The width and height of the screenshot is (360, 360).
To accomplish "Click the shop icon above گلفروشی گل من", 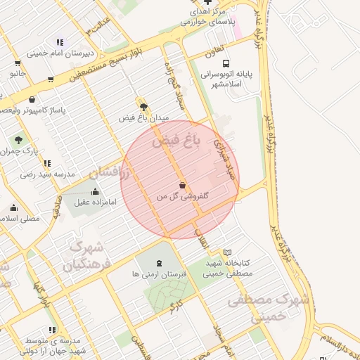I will tap(183, 186).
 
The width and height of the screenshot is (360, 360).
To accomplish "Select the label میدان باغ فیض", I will tap(144, 118).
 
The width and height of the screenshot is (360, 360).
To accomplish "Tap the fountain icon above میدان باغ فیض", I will tap(144, 107).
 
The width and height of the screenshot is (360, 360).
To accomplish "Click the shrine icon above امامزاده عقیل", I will tap(95, 191).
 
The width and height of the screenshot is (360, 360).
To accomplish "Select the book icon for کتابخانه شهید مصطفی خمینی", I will tap(227, 252).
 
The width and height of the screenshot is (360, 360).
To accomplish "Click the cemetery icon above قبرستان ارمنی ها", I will tap(159, 263).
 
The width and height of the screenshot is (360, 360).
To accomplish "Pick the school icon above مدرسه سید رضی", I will tap(47, 163).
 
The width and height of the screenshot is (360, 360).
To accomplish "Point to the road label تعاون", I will tap(214, 51).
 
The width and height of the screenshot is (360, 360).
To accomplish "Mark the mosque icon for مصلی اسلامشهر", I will tap(14, 208).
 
